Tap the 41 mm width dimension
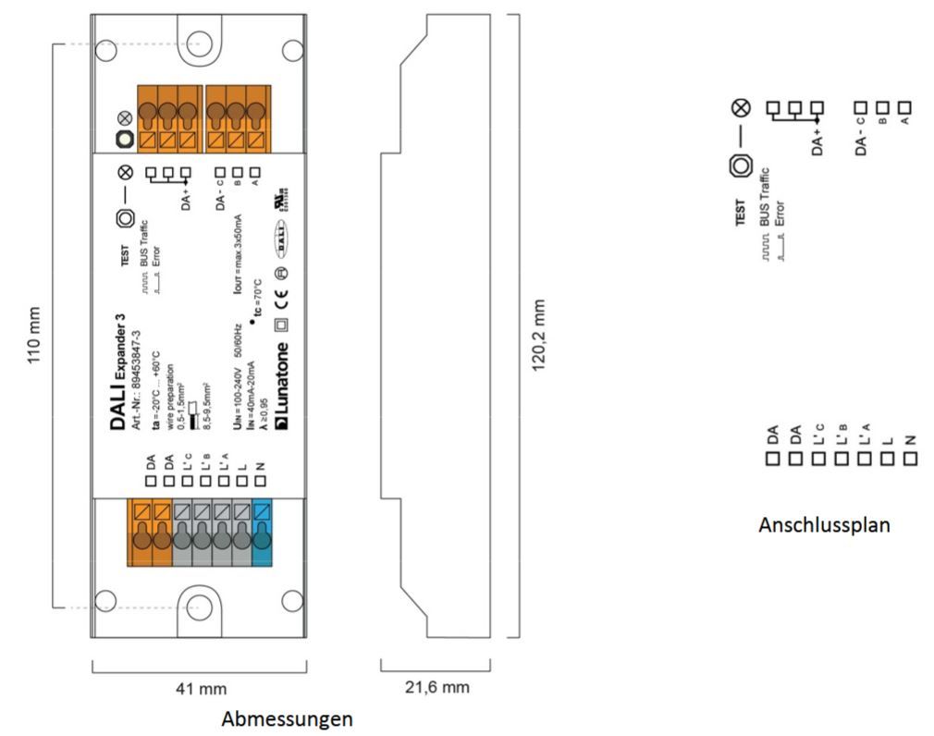pyautogui.click(x=201, y=689)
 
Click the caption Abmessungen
pyautogui.click(x=287, y=718)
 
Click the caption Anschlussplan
pyautogui.click(x=824, y=525)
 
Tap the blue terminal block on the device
pyautogui.click(x=262, y=531)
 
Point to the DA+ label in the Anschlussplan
pyautogui.click(x=817, y=141)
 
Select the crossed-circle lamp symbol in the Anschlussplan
pyautogui.click(x=739, y=108)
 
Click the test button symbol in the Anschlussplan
pyautogui.click(x=739, y=166)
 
